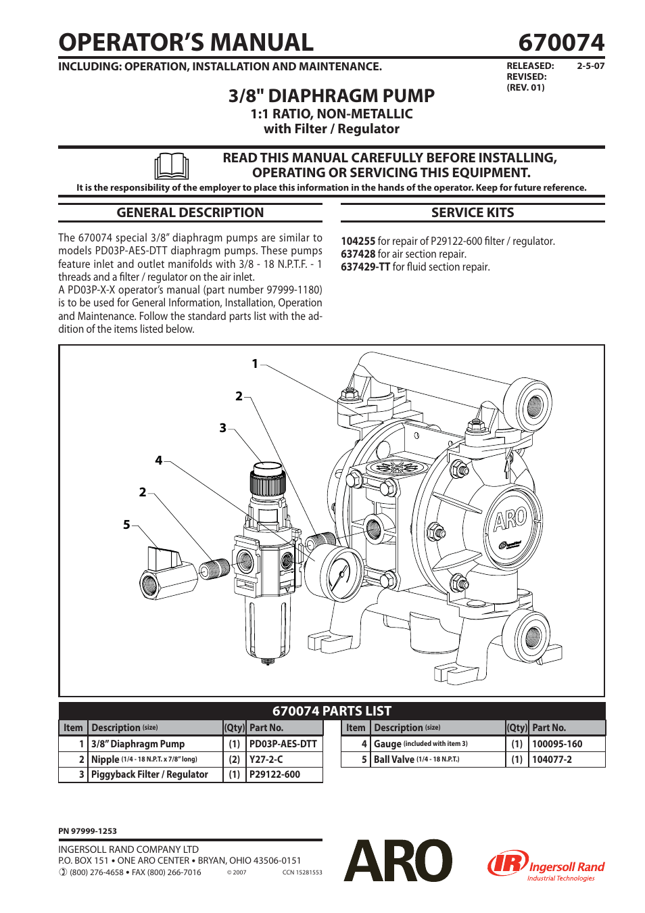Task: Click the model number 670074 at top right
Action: click(560, 43)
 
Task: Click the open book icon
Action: click(171, 166)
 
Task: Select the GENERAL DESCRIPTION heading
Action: click(190, 213)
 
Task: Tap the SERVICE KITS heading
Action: click(473, 213)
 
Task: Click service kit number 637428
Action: click(358, 254)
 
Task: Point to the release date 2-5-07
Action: click(590, 66)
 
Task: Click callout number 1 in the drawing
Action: click(255, 364)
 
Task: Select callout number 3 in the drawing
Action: click(222, 428)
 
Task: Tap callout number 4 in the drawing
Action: click(159, 461)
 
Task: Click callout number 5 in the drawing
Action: click(126, 525)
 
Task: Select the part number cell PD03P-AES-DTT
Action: click(283, 744)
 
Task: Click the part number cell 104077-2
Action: click(552, 759)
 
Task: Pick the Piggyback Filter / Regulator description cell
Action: click(149, 775)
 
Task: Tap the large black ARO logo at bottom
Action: click(398, 861)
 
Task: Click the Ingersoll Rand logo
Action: click(546, 866)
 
